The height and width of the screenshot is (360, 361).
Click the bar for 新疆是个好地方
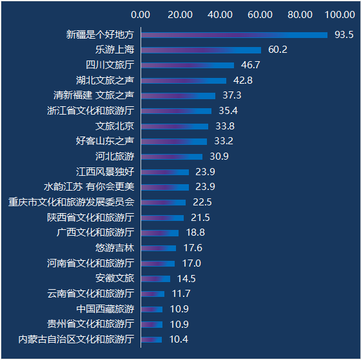(234, 35)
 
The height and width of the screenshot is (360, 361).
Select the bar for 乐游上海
(201, 50)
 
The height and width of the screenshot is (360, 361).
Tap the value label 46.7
(251, 65)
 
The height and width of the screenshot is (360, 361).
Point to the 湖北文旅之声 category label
(105, 81)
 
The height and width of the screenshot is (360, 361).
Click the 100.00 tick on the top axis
(340, 15)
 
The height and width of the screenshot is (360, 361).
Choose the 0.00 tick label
(141, 15)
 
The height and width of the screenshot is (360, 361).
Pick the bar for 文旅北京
(175, 126)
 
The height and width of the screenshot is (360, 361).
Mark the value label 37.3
(232, 95)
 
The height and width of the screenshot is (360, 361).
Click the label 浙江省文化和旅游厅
(90, 111)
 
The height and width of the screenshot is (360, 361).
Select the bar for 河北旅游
(171, 156)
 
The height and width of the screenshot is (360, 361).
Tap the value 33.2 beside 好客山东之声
(224, 141)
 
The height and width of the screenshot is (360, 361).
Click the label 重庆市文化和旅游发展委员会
(71, 202)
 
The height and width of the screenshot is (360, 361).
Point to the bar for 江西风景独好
(165, 172)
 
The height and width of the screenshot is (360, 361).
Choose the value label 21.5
(200, 218)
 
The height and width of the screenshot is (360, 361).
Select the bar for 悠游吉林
(159, 248)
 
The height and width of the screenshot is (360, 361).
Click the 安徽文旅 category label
(115, 278)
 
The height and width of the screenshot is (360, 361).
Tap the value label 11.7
(181, 294)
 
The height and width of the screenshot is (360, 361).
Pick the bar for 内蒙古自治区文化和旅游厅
(151, 339)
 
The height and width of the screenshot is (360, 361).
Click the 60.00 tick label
(260, 15)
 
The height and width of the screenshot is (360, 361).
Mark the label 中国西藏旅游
(105, 309)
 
